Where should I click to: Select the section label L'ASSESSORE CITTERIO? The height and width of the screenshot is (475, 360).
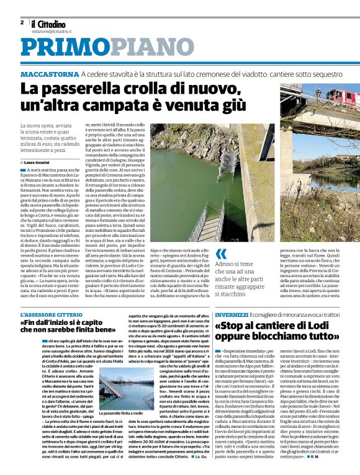pyautogui.click(x=51, y=316)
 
